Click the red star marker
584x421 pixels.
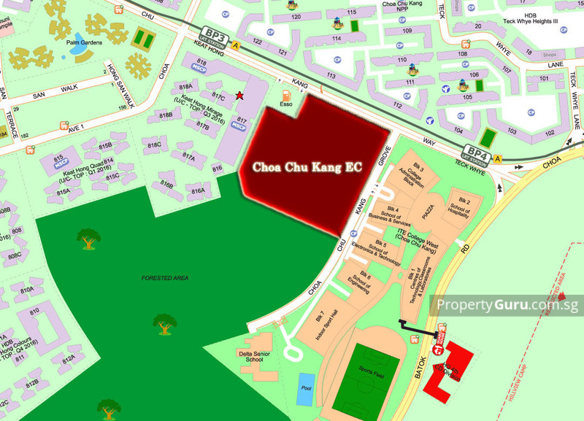point(239,96)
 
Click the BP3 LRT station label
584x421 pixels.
point(216,37)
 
